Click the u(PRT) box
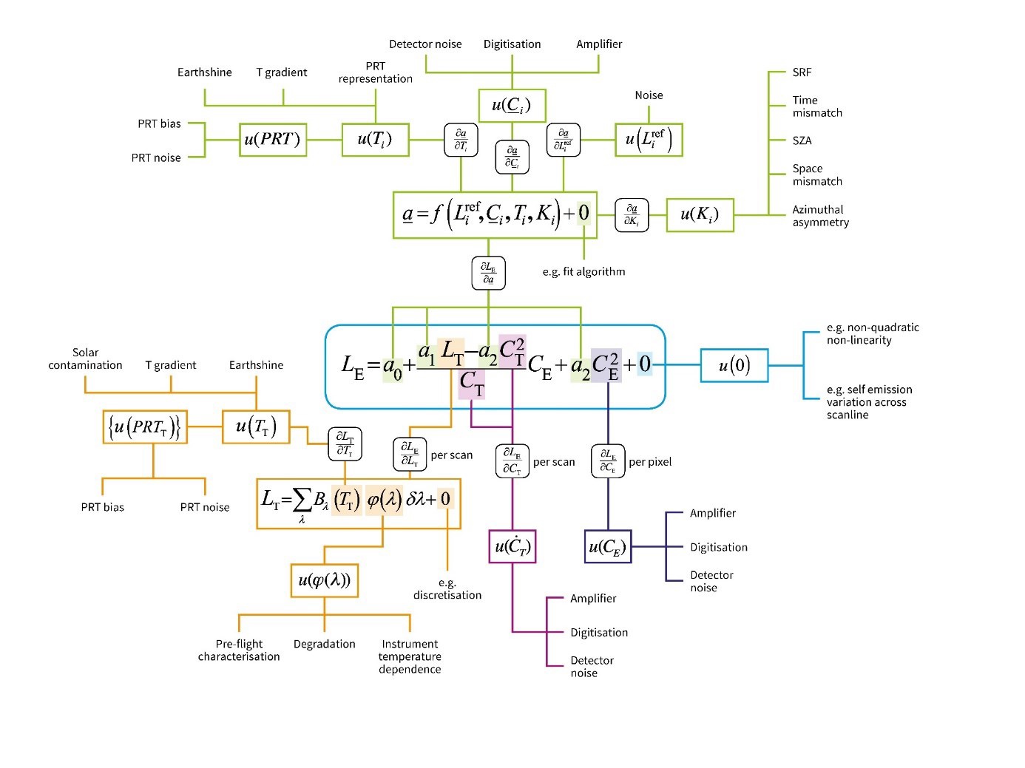coord(272,140)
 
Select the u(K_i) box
coord(700,215)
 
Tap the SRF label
coord(802,72)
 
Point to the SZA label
coord(802,140)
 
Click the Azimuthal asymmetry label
coord(820,216)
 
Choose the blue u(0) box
coord(734,365)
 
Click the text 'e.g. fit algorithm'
coord(583,272)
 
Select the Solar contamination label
coord(85,359)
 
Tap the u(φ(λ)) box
coord(324,580)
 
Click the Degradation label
coord(324,645)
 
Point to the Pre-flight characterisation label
coord(239,650)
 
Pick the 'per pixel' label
coord(650,462)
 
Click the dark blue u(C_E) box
coord(608,547)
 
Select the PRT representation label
coord(376,72)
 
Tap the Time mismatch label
coord(817,106)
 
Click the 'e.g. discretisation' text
coord(447,589)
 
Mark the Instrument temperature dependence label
coord(410,657)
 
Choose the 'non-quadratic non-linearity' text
coord(873,334)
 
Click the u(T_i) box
coord(375,140)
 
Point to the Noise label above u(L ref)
coord(649,95)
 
